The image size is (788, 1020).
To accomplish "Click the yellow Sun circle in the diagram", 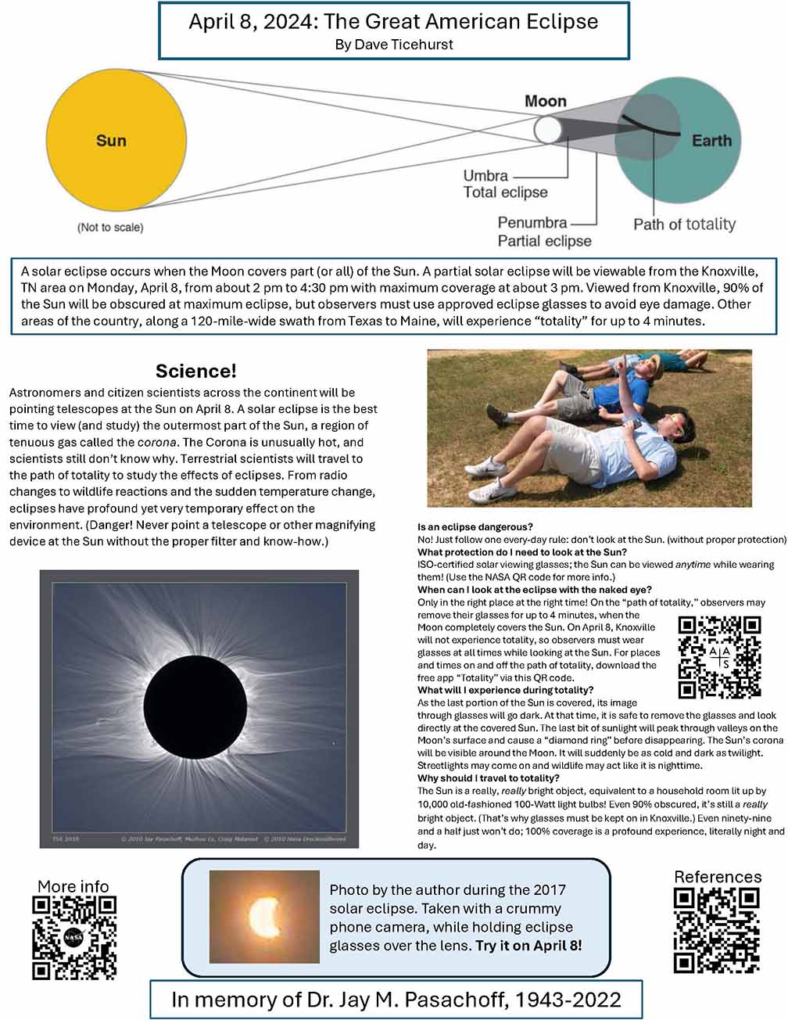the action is click(x=116, y=140).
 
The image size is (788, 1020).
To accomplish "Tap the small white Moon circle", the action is click(x=547, y=130).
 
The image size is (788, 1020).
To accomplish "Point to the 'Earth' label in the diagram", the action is click(x=711, y=140).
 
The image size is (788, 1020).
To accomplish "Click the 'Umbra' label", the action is click(x=485, y=175).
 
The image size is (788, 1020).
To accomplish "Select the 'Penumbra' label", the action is click(x=532, y=222).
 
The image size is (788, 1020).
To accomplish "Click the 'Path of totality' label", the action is click(x=684, y=224).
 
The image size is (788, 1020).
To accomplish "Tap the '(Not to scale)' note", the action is click(x=110, y=227).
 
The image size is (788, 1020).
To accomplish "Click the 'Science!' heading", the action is click(x=196, y=371).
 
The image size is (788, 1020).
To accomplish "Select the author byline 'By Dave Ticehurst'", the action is click(x=394, y=45).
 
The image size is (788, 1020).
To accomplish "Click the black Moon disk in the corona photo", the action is click(x=195, y=707).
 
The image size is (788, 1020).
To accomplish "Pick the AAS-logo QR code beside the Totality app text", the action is click(x=719, y=657).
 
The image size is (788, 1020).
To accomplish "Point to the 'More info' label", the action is click(x=73, y=886).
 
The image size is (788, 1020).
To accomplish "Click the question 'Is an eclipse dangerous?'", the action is click(x=475, y=526).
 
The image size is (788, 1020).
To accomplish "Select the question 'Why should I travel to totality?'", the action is click(x=489, y=778).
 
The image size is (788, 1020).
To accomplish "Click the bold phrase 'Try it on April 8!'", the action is click(x=528, y=946).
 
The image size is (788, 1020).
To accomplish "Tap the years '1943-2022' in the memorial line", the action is click(x=568, y=1000).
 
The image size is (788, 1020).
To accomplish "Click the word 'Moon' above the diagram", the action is click(x=546, y=101).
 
